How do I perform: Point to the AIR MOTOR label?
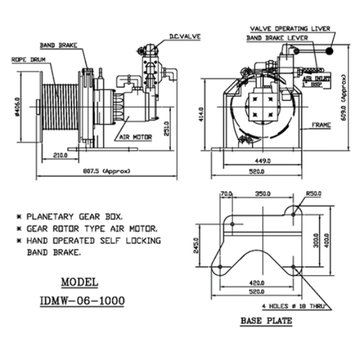(135, 137)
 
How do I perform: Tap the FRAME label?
(322, 125)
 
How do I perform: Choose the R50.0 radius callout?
(313, 194)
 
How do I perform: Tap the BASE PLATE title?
(266, 320)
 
